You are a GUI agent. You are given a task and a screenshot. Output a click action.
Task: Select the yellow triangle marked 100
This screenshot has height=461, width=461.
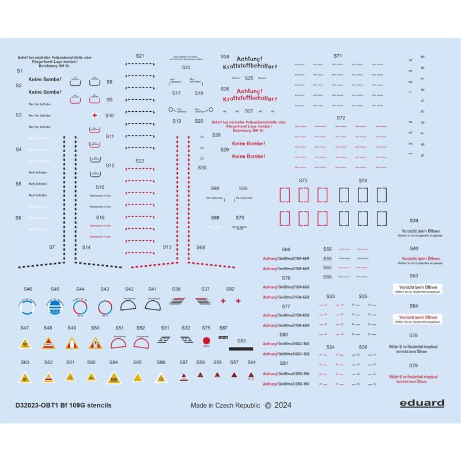click(x=114, y=379)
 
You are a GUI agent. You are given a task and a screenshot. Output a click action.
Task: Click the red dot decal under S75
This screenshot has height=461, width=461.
click(x=206, y=340)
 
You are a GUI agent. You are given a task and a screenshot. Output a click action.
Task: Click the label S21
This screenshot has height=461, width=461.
click(x=140, y=56)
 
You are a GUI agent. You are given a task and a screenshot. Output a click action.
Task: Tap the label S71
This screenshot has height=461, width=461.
click(x=338, y=56)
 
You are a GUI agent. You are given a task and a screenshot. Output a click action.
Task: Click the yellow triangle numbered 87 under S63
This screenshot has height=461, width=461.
click(x=25, y=378)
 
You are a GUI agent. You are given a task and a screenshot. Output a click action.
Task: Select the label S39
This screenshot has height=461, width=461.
click(x=414, y=221)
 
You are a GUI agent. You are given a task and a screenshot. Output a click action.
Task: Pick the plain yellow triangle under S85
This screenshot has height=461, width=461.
click(x=137, y=377)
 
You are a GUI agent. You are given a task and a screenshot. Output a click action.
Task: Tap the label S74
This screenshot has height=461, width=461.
click(x=362, y=180)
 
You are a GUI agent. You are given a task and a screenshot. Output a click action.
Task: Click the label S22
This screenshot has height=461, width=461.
click(x=140, y=161)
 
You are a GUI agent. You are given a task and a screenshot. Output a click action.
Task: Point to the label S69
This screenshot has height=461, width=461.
click(x=286, y=250)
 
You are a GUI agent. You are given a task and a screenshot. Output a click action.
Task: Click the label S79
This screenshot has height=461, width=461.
click(x=414, y=366)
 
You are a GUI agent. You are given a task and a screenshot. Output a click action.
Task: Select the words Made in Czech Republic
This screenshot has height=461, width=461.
click(x=225, y=405)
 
